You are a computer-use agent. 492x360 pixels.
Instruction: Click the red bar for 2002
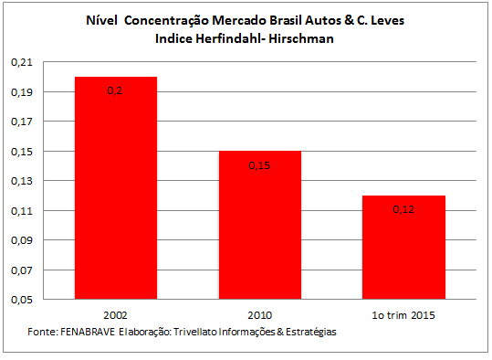116,188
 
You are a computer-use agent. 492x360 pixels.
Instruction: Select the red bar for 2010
260,225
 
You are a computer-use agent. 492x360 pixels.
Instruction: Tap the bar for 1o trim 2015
403,248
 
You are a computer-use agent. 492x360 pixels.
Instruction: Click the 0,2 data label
114,90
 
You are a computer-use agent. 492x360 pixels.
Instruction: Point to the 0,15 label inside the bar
259,165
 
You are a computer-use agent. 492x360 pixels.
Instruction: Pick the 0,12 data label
403,209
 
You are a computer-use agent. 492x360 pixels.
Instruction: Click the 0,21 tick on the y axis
22,62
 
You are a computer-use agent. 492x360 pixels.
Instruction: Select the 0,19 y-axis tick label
22,92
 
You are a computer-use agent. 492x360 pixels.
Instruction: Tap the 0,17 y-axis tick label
22,122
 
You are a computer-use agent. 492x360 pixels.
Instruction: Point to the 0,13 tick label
22,181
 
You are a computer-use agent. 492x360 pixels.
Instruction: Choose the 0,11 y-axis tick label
22,210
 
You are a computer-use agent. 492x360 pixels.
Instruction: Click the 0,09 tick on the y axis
22,240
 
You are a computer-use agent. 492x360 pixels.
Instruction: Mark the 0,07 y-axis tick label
22,270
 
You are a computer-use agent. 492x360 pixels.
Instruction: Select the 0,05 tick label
22,300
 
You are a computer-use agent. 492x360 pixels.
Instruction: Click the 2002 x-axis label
115,315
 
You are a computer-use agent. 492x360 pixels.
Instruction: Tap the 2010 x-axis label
260,315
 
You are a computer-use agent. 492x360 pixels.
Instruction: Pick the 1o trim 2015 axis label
403,315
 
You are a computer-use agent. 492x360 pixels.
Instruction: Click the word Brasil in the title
286,20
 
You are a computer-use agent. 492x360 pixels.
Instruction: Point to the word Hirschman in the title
301,38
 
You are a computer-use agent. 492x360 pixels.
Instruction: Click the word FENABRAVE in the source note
88,332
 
